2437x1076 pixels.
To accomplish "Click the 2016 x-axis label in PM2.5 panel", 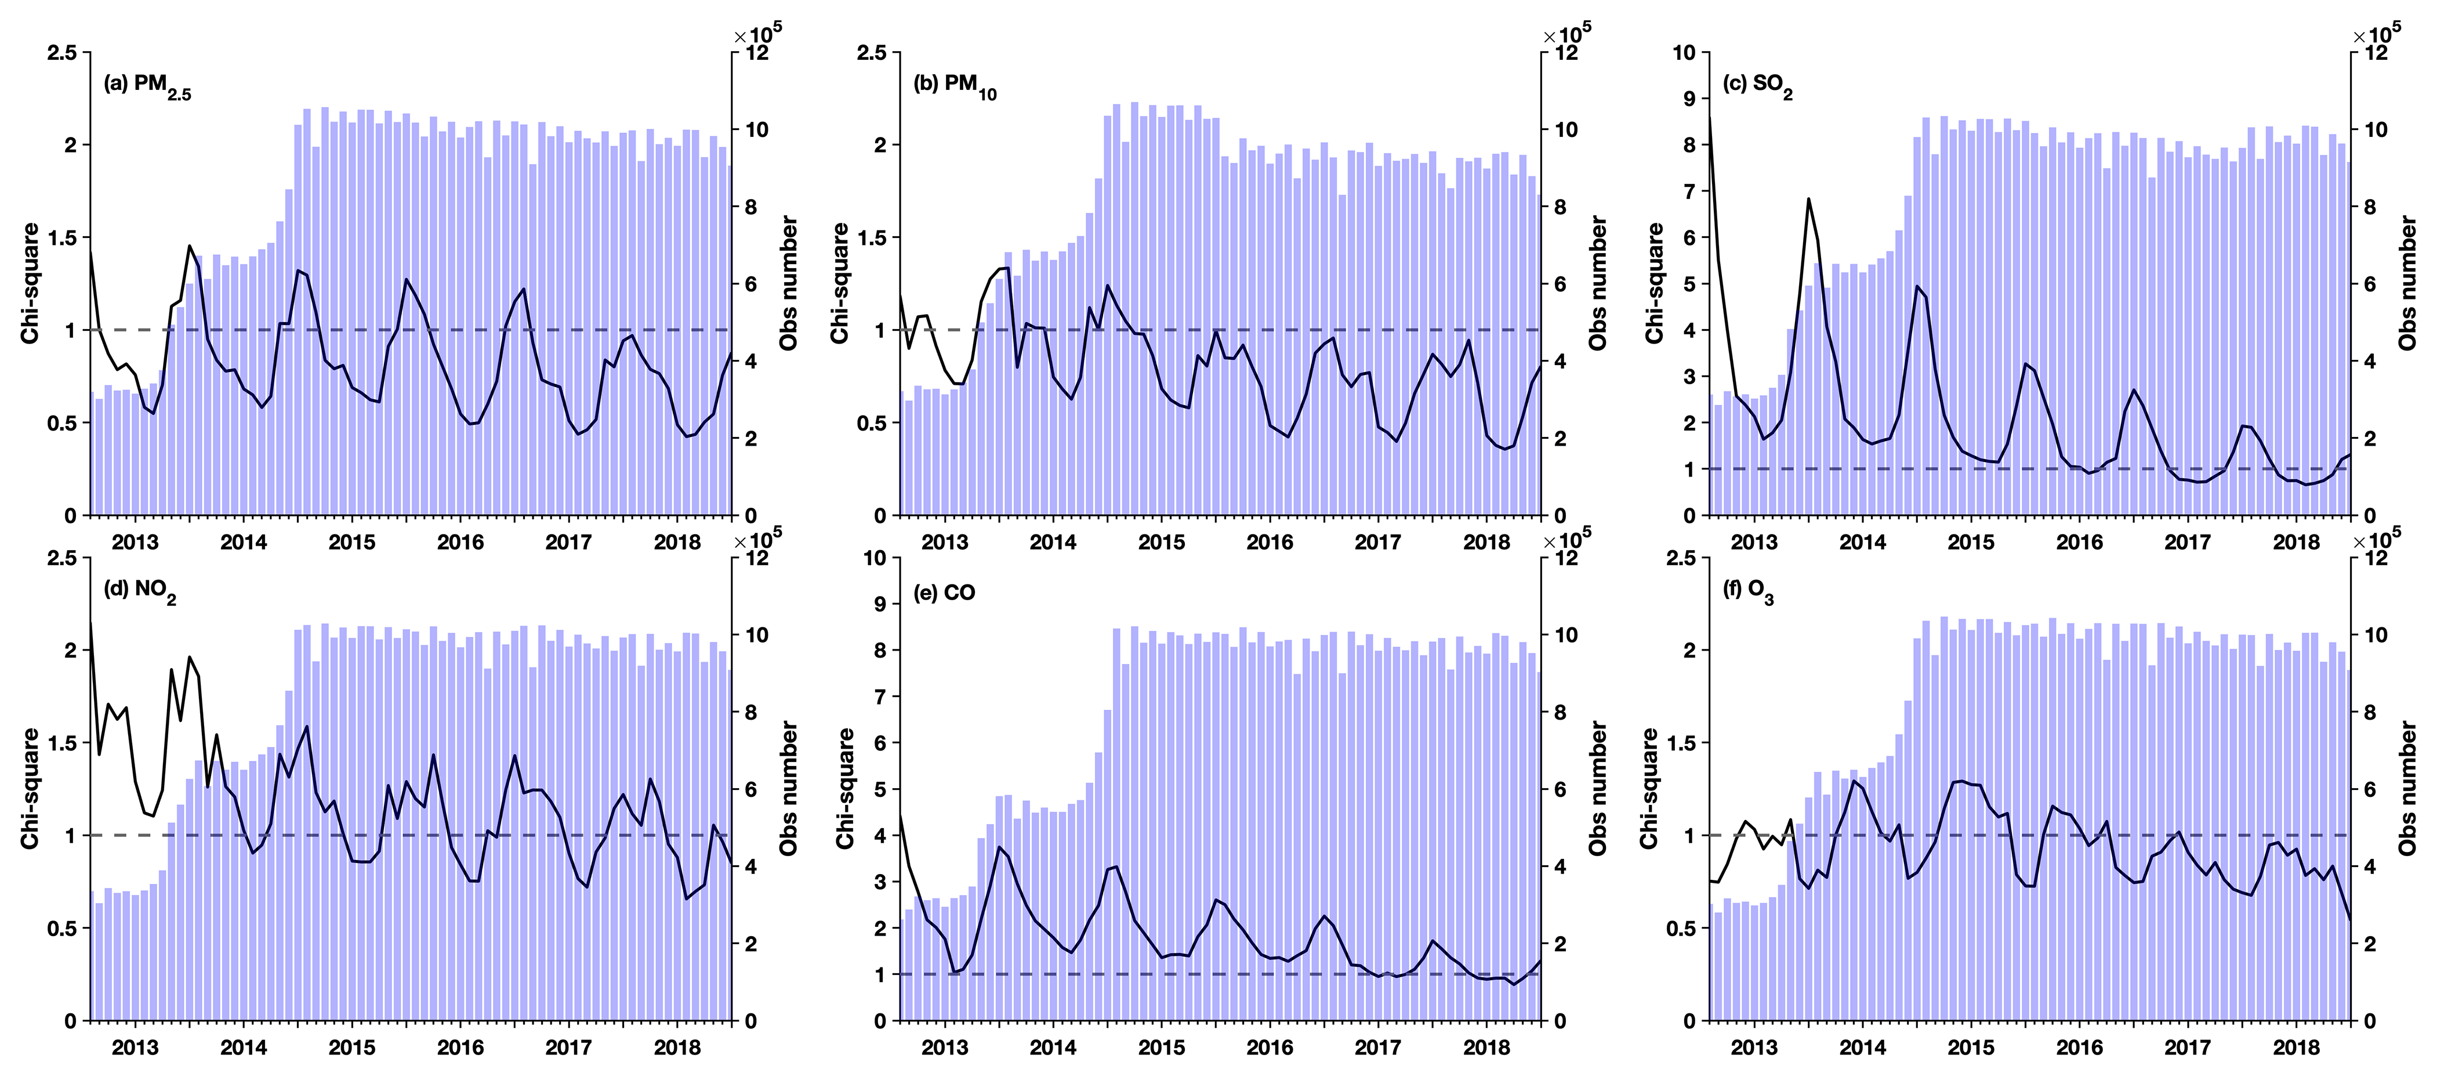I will click(x=460, y=542).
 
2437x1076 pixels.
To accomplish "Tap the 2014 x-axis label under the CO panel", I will click(x=1053, y=1048).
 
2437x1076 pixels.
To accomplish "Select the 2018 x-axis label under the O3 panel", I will click(x=2296, y=1048).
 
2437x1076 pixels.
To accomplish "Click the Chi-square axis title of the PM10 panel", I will click(x=841, y=283).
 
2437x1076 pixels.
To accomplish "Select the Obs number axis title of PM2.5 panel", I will click(x=789, y=283).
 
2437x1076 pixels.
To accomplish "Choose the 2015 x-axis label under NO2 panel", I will click(x=352, y=1048).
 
